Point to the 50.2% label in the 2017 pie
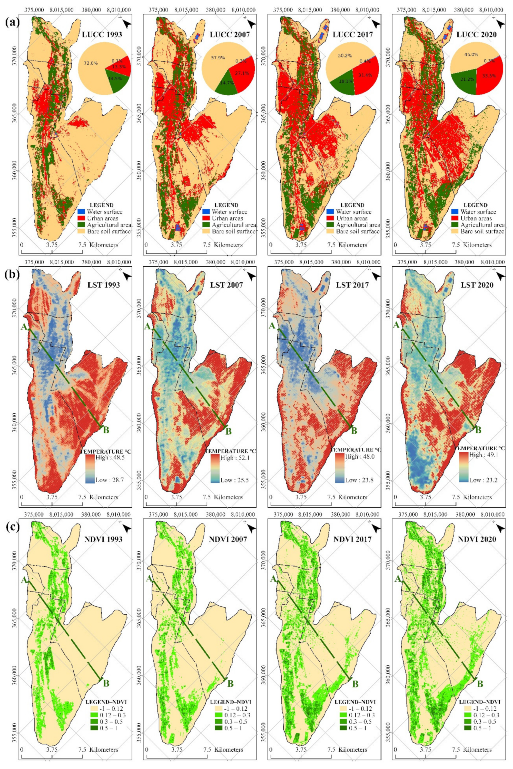click(344, 56)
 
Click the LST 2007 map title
click(226, 285)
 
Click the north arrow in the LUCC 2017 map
click(376, 24)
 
